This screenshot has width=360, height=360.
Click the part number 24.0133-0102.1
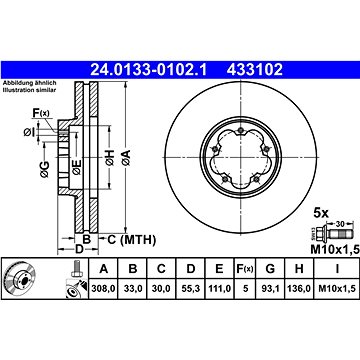[149, 70]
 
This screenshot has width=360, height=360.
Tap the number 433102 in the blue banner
[255, 70]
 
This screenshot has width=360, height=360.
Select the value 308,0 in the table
[104, 288]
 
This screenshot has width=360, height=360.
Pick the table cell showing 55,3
[190, 288]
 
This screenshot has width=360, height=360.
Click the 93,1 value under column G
[270, 288]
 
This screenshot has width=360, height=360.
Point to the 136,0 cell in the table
[299, 288]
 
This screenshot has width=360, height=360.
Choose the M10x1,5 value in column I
[336, 288]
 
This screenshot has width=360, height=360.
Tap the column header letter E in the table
[219, 269]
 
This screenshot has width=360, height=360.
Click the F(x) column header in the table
[245, 269]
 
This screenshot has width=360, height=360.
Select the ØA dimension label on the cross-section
[126, 158]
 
